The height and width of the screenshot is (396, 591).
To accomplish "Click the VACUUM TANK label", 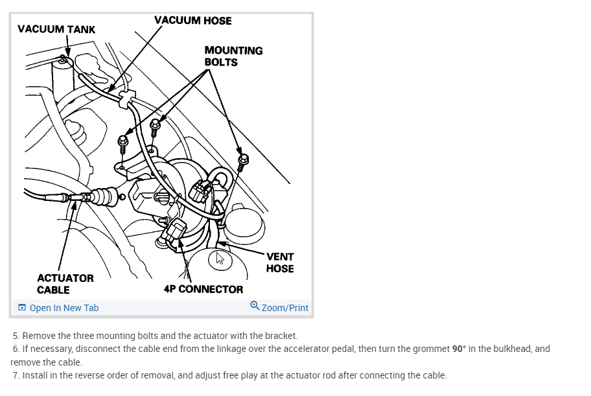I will (56, 29).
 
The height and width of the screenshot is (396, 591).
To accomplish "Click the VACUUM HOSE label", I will (192, 20).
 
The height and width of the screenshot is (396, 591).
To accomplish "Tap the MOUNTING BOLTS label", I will (233, 56).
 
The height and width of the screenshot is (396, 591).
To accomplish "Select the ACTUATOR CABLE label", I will (65, 284).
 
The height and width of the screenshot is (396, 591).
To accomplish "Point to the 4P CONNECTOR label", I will (203, 289).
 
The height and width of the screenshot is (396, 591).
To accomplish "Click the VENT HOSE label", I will (280, 262).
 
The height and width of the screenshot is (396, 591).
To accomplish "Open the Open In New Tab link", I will (64, 308).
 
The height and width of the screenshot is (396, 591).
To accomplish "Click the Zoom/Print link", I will (284, 308).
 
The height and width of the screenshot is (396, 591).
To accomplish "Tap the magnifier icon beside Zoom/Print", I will (255, 306).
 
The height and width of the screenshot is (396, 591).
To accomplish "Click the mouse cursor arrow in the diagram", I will (220, 258).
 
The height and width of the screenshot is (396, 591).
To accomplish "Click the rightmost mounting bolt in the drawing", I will (244, 160).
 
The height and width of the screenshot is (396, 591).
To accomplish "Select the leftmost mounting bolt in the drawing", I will (123, 141).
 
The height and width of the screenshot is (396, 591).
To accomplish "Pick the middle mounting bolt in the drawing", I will (155, 125).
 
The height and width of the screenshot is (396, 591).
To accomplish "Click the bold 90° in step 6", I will (459, 349).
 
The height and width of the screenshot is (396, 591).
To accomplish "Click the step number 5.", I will (16, 336).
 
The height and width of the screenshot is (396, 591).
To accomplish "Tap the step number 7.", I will (16, 375).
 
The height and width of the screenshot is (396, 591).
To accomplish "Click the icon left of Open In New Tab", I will (22, 308).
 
